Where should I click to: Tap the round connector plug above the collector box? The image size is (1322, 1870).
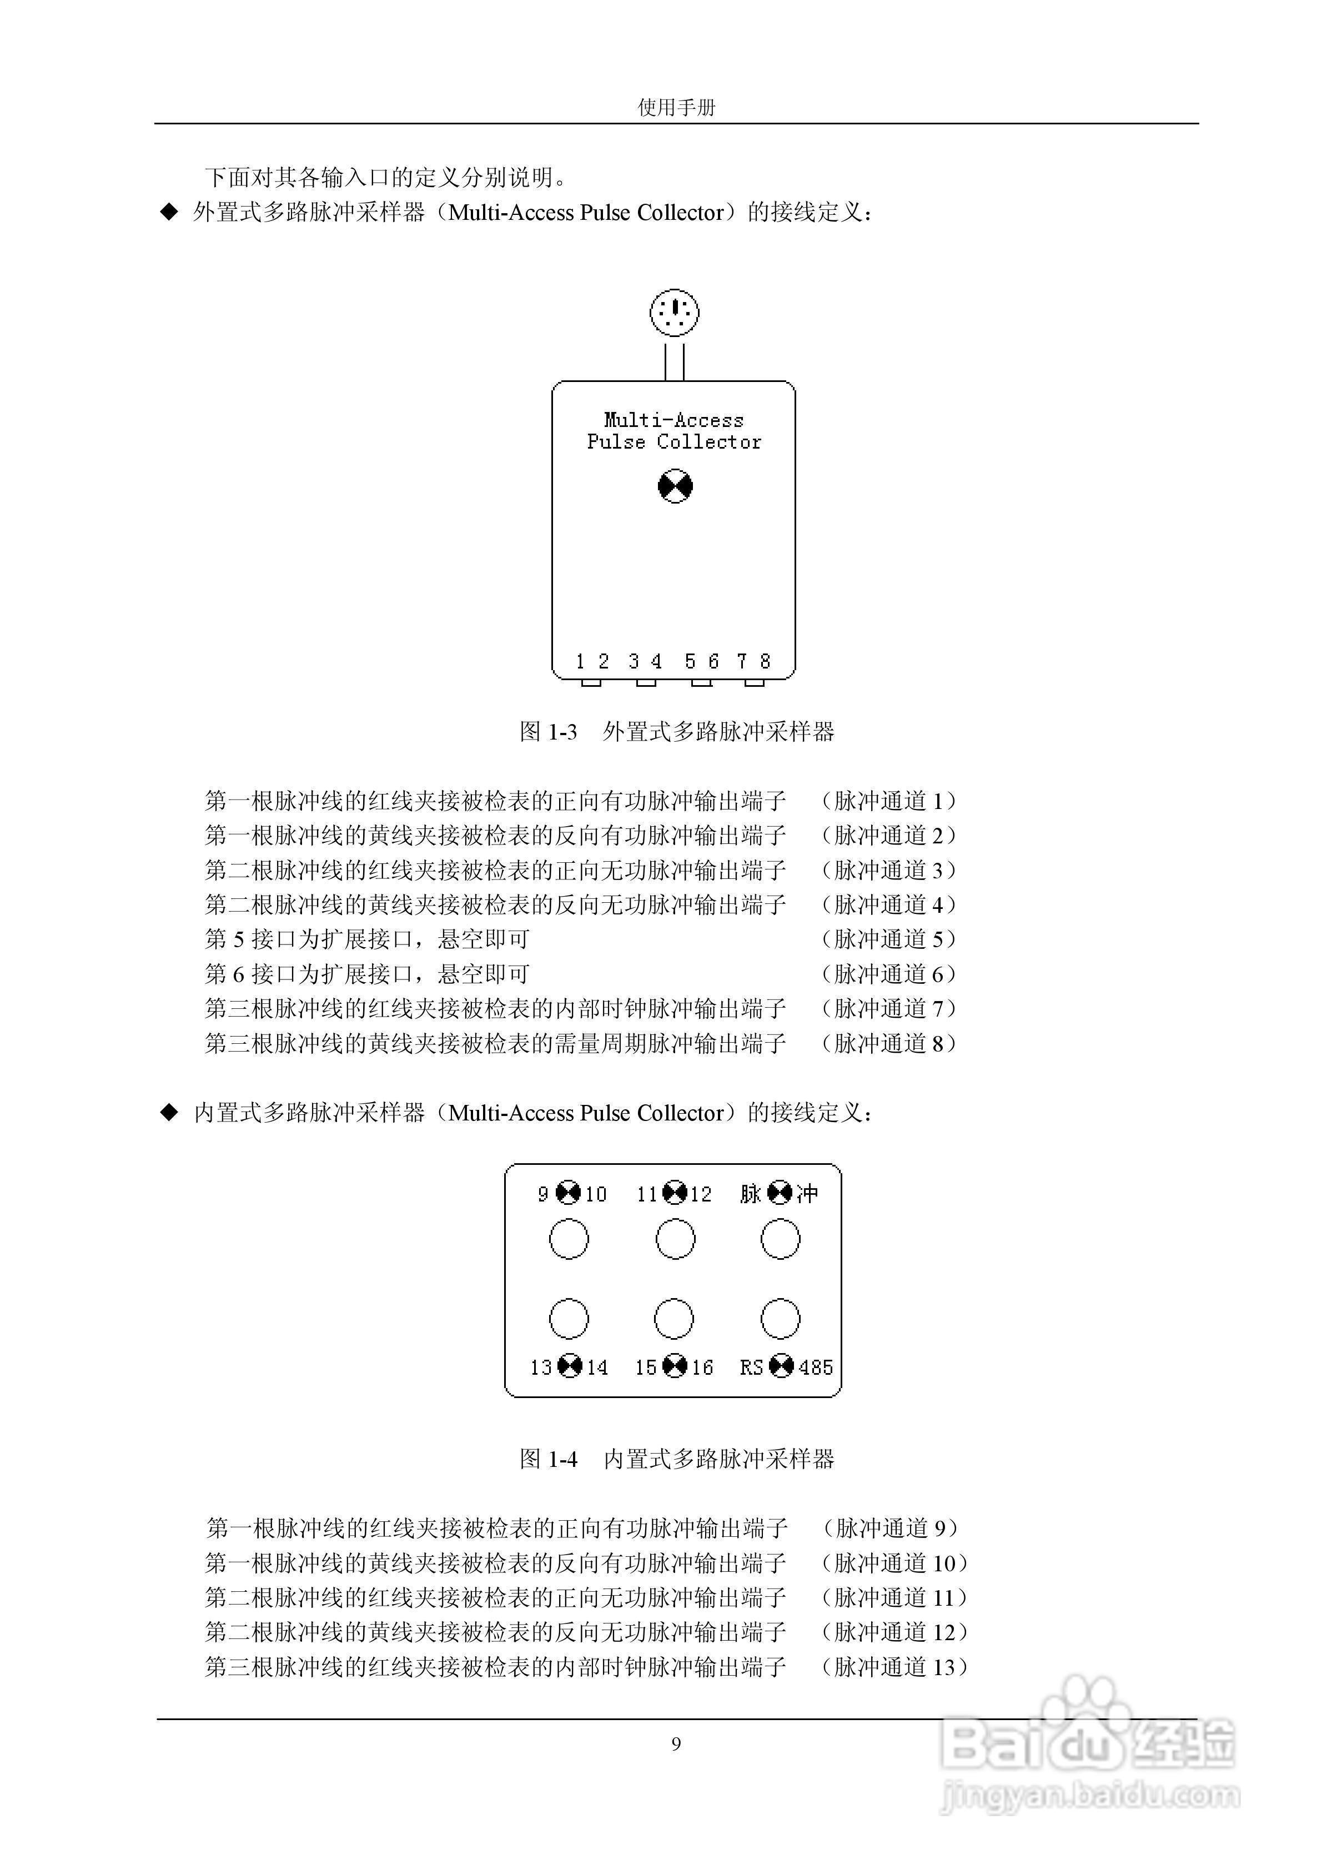tap(675, 312)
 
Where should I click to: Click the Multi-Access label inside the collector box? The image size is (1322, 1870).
tap(673, 420)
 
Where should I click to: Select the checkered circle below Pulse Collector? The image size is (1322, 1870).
tap(675, 487)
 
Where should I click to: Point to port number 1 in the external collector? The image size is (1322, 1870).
tap(580, 661)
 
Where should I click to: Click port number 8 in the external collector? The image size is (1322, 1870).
tap(765, 661)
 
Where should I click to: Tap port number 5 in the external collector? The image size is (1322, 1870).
tap(690, 661)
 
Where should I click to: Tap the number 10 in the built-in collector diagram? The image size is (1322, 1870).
tap(595, 1195)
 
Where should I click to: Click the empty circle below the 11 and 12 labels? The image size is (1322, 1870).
tap(675, 1240)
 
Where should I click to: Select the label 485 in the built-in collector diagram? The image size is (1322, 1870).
tap(816, 1368)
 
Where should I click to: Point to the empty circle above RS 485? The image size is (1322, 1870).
tap(780, 1319)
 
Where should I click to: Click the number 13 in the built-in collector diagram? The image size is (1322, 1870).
tap(541, 1368)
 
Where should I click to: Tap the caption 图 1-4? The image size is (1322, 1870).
tap(548, 1459)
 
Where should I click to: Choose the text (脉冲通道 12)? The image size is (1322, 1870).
tap(893, 1632)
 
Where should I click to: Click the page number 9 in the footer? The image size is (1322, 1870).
tap(676, 1744)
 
